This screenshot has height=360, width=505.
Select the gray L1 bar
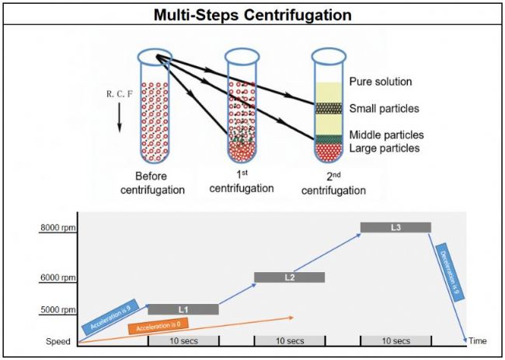(183, 309)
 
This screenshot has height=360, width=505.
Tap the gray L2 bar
(289, 278)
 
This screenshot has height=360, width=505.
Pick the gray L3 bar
(395, 227)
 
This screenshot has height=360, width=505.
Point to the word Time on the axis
(479, 341)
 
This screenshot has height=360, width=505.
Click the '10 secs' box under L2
(289, 341)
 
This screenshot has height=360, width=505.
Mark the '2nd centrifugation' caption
(335, 183)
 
